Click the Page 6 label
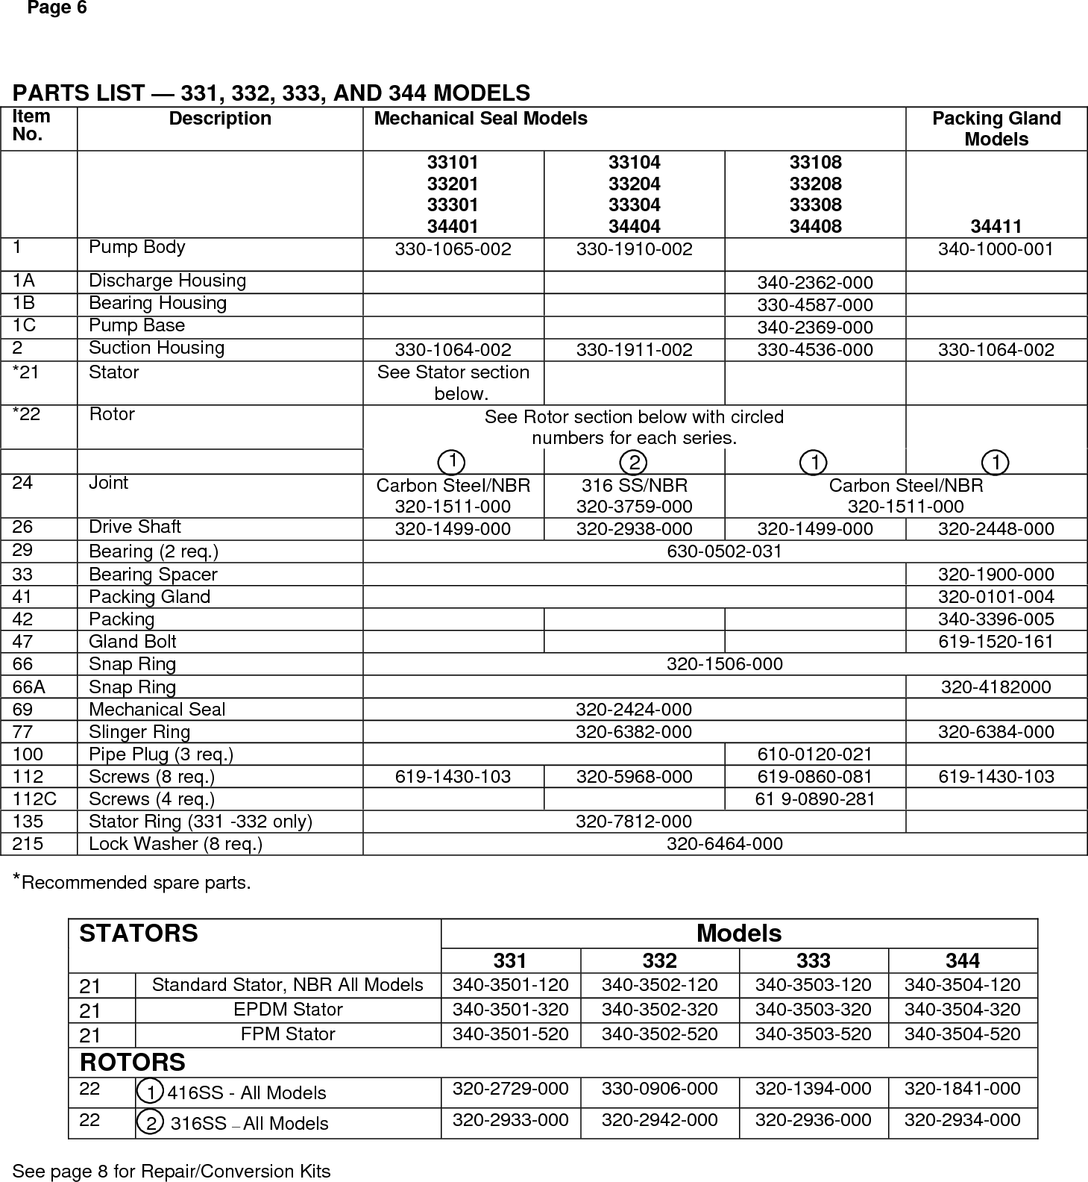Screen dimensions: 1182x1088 [57, 9]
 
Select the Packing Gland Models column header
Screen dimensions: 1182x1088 [996, 128]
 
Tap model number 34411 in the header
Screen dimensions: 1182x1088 [996, 226]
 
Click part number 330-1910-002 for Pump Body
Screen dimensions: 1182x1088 [634, 249]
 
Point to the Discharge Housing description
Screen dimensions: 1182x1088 [167, 281]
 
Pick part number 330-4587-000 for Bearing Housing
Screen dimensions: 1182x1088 [814, 305]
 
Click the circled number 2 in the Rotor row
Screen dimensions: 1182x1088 [634, 462]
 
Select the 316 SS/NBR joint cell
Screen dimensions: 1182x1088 [634, 495]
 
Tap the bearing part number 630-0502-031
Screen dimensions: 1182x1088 [724, 551]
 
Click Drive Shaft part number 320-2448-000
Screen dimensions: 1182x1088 [996, 529]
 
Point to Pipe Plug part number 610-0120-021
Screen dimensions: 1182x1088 [814, 754]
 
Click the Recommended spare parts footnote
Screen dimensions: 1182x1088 [133, 883]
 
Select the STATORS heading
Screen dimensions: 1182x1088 [139, 934]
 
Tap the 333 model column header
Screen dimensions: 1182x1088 [813, 960]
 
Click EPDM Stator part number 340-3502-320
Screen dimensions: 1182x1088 [659, 1010]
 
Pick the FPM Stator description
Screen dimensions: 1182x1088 [287, 1034]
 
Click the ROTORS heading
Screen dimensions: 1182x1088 [132, 1062]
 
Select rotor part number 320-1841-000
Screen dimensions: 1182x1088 [962, 1089]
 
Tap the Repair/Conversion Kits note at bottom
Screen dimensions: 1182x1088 [172, 1171]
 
